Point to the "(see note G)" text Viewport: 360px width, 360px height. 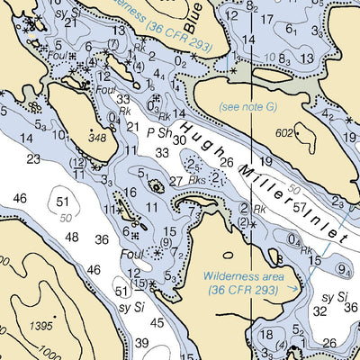click(247, 106)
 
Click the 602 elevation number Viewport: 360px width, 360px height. click(286, 133)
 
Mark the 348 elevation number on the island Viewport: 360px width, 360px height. click(98, 137)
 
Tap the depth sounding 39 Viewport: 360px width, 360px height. click(142, 342)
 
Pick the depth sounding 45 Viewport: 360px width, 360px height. click(157, 322)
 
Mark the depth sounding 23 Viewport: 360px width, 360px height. click(34, 158)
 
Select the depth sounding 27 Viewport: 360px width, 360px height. click(176, 181)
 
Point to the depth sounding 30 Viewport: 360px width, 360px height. click(179, 139)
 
